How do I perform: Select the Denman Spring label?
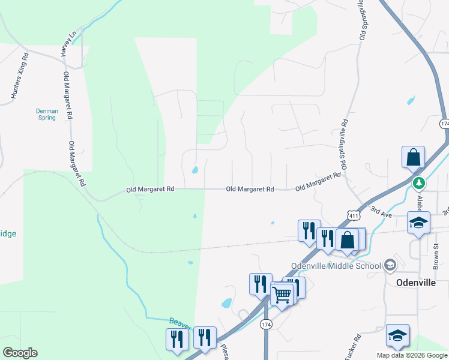pos(47,114)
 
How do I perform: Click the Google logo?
pos(20,353)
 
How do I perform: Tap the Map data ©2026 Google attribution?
pos(412,355)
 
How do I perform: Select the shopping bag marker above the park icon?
pos(414,157)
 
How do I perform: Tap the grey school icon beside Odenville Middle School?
pos(390,265)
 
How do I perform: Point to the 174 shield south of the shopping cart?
pos(267,324)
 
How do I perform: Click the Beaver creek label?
pos(180,323)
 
